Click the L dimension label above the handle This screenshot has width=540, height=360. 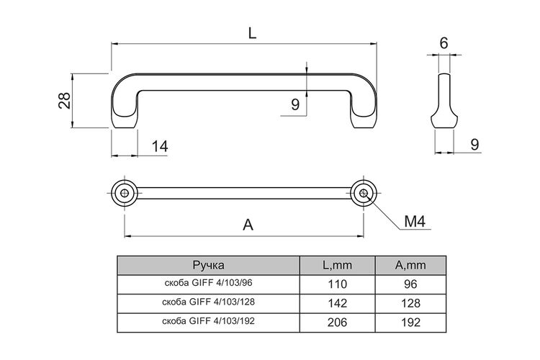pos(253,33)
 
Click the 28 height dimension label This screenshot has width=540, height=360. pos(64,101)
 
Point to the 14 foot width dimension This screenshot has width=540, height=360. pos(160,146)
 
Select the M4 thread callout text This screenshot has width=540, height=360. pos(415,221)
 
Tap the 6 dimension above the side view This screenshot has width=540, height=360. pos(444,43)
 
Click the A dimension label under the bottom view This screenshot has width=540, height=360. pos(248,225)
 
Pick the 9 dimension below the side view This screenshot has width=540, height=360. pos(474,144)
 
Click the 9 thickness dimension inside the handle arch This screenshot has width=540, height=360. pos(295,104)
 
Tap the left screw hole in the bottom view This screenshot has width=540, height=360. pos(125,193)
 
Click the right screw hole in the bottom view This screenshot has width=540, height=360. pos(364,193)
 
